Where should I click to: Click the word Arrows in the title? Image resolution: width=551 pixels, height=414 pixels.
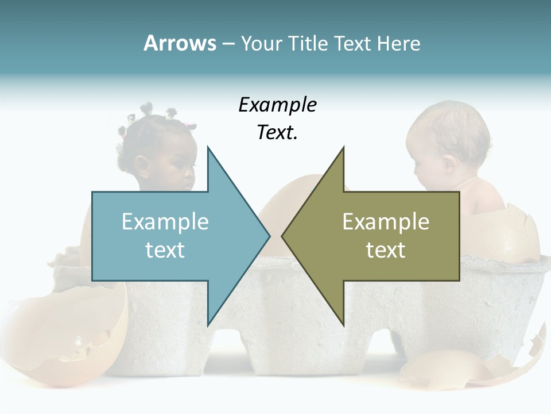[x=180, y=43]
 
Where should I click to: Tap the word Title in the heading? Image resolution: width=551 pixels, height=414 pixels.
[x=308, y=43]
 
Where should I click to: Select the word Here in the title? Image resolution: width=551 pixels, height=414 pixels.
[x=399, y=43]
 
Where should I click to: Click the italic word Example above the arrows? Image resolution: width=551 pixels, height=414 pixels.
[x=278, y=105]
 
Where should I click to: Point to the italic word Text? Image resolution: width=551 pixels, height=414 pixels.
[x=277, y=133]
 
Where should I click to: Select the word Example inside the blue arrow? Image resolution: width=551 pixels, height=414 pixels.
[x=165, y=222]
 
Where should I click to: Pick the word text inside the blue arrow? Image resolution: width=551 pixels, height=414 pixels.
[x=165, y=250]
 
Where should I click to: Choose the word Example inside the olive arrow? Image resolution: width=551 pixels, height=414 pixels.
[x=386, y=222]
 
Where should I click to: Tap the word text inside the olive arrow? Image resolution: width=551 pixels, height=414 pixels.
[x=386, y=250]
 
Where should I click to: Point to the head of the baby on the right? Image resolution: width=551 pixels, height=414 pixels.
[x=448, y=138]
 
